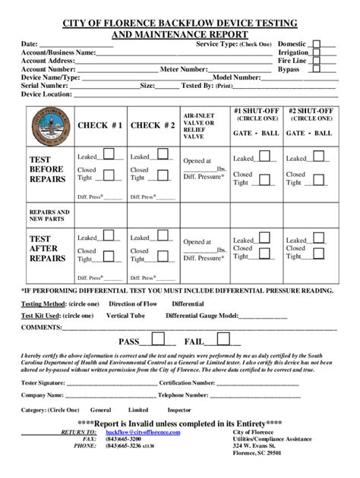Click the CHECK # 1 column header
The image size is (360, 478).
[x=100, y=124]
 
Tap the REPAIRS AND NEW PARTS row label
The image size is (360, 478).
[x=47, y=215]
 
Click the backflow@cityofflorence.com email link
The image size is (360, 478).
[x=149, y=432]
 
